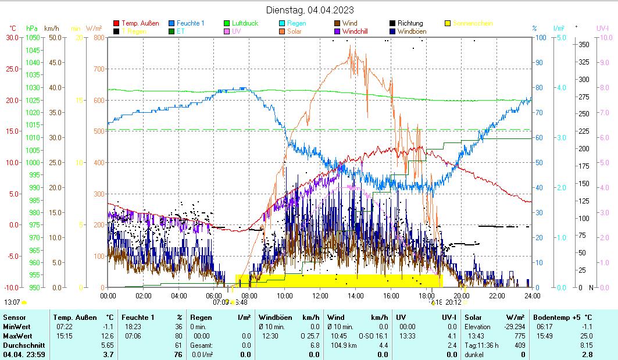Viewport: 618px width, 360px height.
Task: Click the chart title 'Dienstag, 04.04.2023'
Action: pyautogui.click(x=310, y=10)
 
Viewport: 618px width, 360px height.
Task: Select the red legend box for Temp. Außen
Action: pyautogui.click(x=116, y=23)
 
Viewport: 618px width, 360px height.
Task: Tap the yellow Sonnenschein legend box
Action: pyautogui.click(x=448, y=23)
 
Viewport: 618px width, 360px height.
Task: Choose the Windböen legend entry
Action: pyautogui.click(x=414, y=31)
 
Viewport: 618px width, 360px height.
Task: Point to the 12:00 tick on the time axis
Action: pyautogui.click(x=320, y=295)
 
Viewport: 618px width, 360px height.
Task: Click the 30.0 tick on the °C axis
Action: pyautogui.click(x=12, y=37)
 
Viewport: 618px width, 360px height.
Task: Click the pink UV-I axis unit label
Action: pyautogui.click(x=602, y=28)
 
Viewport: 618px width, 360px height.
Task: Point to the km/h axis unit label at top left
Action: pyautogui.click(x=51, y=28)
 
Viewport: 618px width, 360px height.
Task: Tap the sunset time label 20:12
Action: pyautogui.click(x=453, y=302)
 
